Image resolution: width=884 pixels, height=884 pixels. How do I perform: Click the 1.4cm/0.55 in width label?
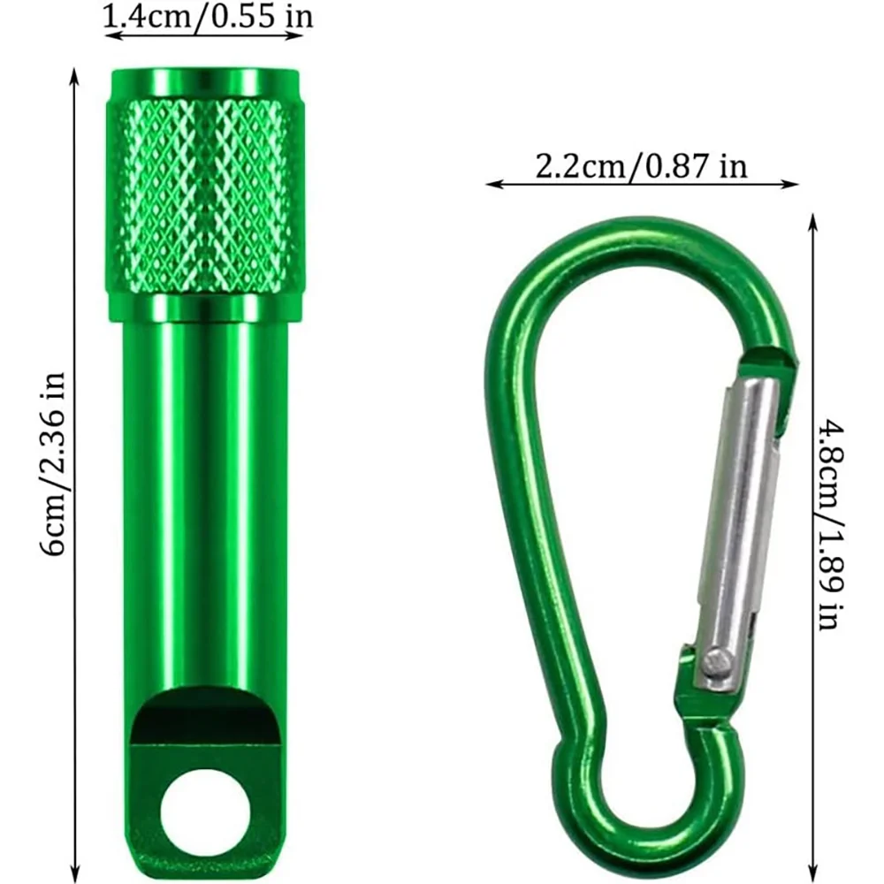[x=208, y=16]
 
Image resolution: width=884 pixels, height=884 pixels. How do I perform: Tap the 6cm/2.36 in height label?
[x=54, y=463]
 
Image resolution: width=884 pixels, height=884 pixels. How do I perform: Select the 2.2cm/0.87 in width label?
[x=641, y=167]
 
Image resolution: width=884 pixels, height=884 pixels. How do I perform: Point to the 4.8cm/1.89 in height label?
[x=831, y=525]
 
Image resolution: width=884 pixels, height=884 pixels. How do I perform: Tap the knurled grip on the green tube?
[x=205, y=195]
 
